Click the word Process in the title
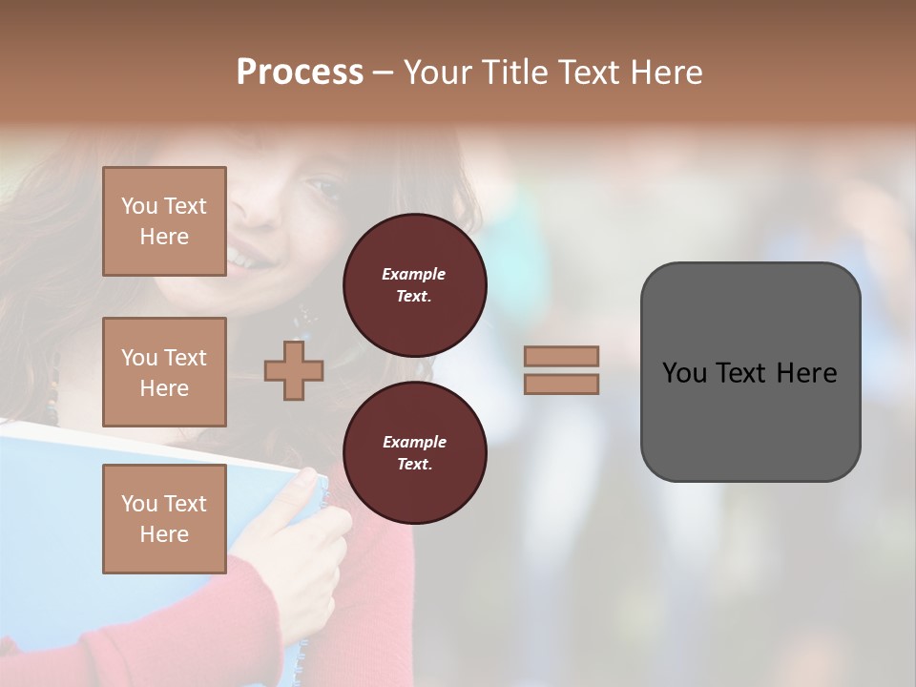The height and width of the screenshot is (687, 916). [x=300, y=73]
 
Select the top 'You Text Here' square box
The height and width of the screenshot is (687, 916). [x=164, y=221]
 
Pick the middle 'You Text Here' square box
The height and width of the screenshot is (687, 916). [x=164, y=372]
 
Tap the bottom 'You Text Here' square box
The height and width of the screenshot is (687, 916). [x=164, y=518]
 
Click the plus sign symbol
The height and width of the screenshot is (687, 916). [x=294, y=371]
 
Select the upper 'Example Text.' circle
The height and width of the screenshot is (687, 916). [x=414, y=284]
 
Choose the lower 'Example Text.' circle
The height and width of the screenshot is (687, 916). [x=414, y=452]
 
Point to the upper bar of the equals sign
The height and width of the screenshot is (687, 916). [x=562, y=356]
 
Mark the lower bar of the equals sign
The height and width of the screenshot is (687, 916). [x=562, y=385]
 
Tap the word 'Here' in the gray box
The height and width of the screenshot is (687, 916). [x=806, y=373]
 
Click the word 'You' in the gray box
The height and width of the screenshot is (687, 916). [x=685, y=373]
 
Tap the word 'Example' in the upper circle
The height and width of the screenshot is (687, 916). [x=414, y=274]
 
